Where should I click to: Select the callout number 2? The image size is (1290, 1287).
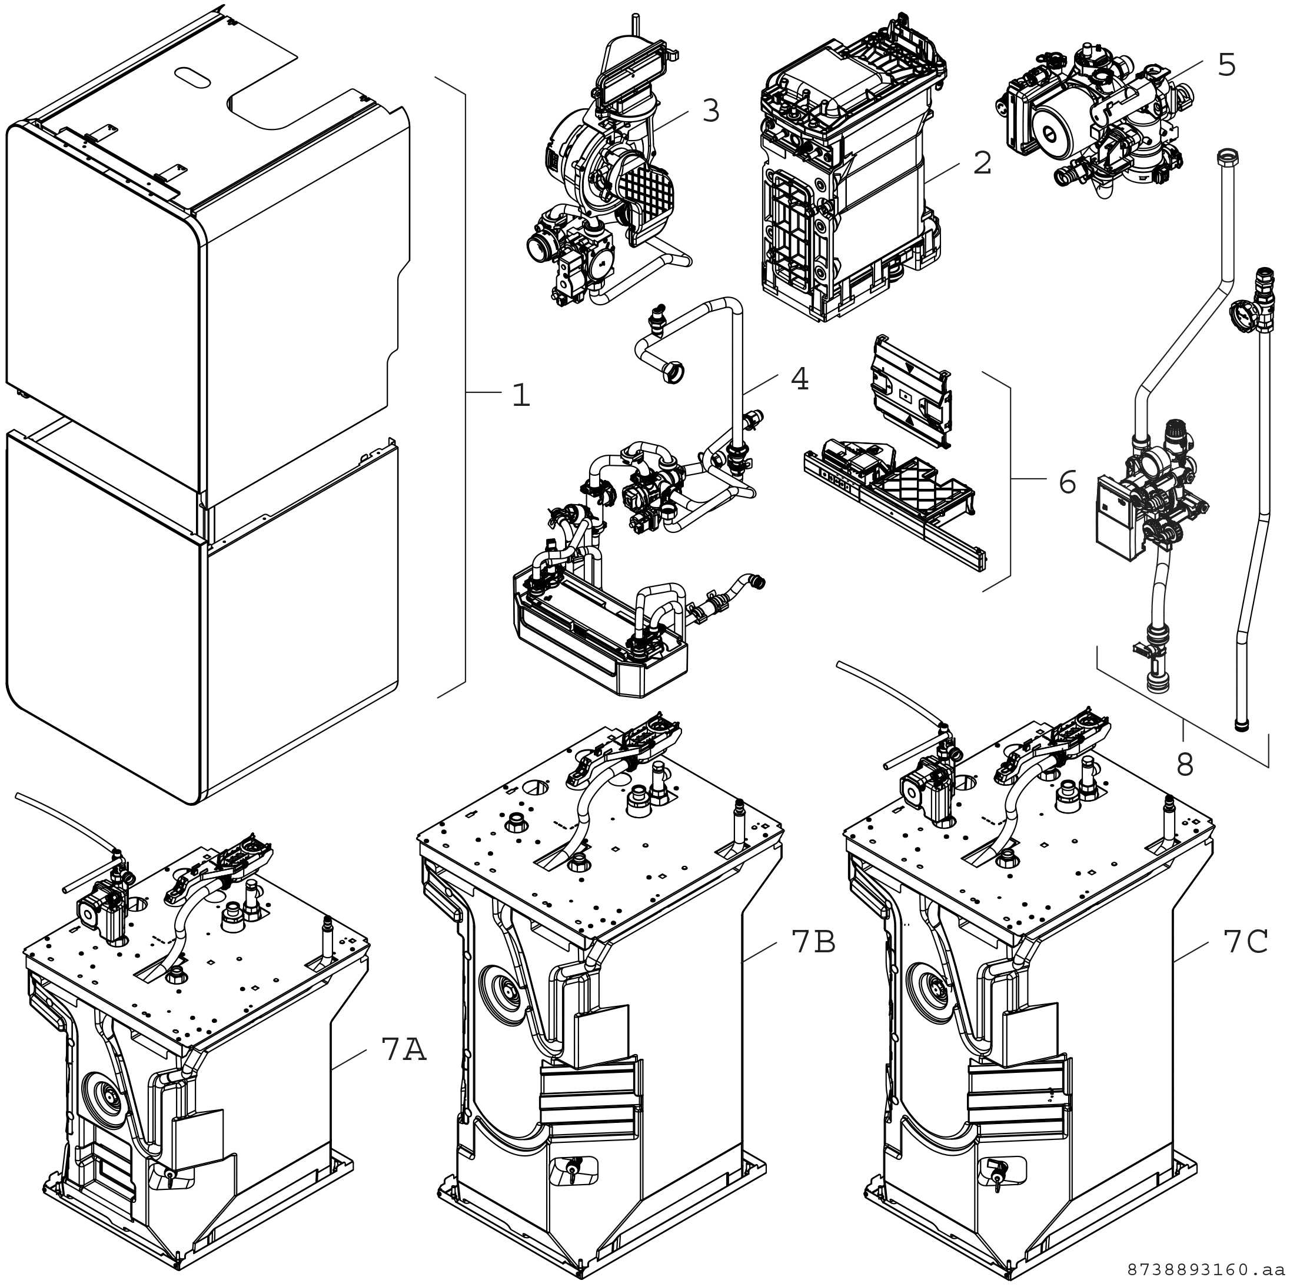click(982, 164)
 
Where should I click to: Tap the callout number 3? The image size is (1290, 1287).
click(711, 111)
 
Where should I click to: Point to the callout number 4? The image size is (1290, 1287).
click(799, 379)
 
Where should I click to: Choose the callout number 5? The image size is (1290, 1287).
click(1226, 65)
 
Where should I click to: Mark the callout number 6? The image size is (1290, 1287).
click(1067, 482)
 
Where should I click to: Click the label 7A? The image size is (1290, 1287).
click(404, 1049)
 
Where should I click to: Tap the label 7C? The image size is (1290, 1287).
click(1245, 942)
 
